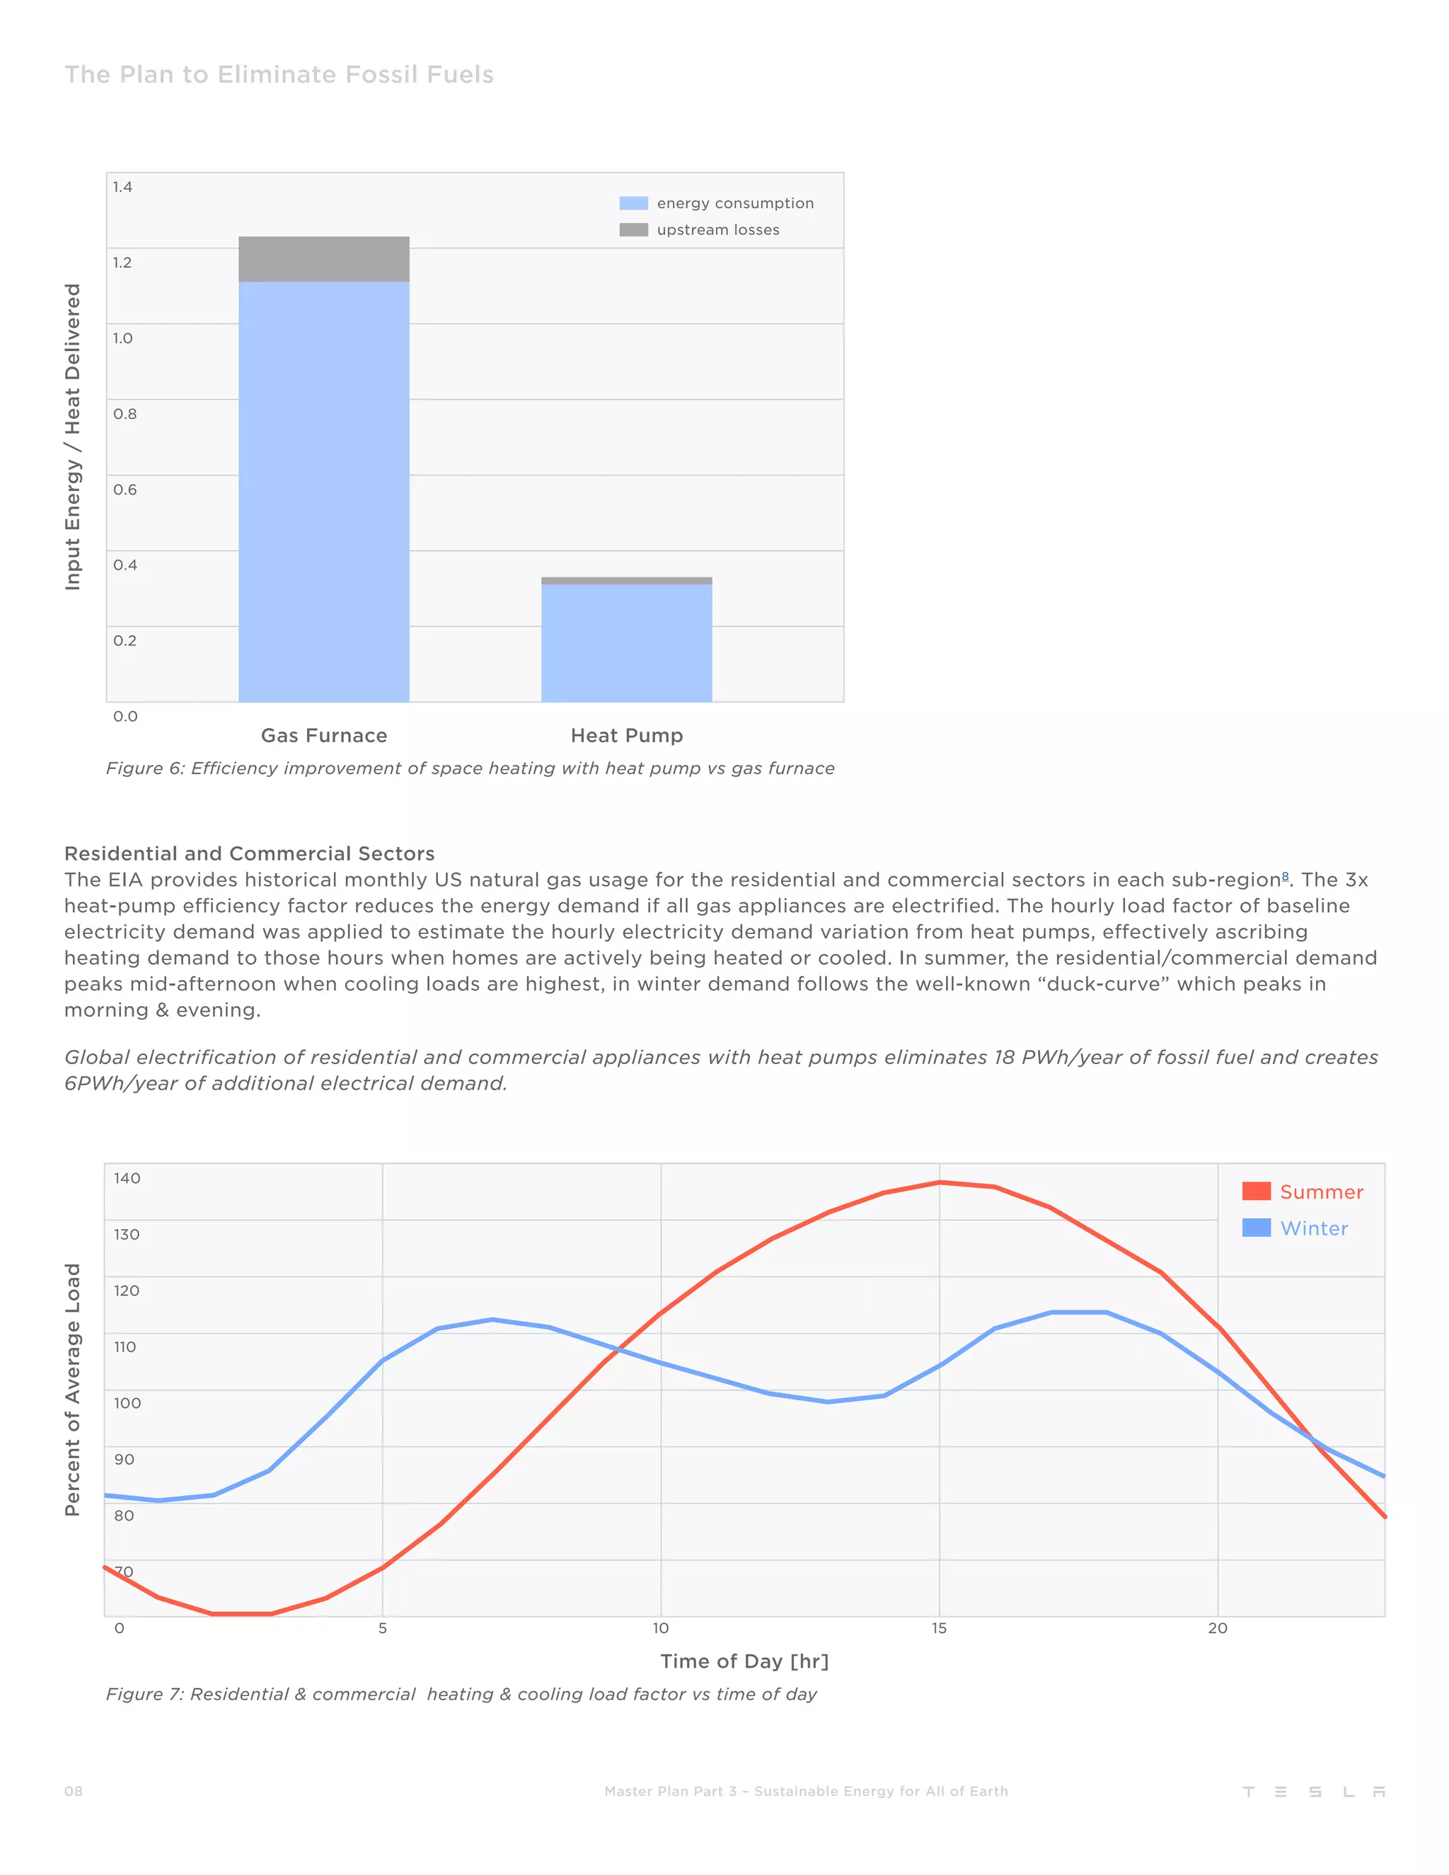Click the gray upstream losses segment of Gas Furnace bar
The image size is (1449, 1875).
click(323, 258)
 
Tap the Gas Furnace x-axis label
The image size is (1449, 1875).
click(323, 736)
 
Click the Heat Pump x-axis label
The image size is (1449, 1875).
click(627, 736)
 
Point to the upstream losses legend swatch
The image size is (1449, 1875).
click(633, 230)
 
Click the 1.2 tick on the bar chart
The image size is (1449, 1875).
click(122, 262)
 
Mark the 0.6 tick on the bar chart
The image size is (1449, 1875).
click(125, 490)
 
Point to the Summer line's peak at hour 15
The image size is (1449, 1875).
click(939, 1183)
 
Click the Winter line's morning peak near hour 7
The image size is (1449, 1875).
click(492, 1320)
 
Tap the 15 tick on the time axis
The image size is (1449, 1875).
click(939, 1629)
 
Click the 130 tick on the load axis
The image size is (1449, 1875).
click(126, 1235)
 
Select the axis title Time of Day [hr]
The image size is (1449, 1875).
click(744, 1661)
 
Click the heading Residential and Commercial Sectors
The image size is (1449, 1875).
click(249, 853)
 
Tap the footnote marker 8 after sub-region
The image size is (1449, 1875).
click(1285, 876)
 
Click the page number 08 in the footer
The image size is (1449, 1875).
click(74, 1791)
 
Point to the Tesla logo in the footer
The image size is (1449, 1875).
click(1313, 1792)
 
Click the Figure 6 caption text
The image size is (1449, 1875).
click(470, 768)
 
